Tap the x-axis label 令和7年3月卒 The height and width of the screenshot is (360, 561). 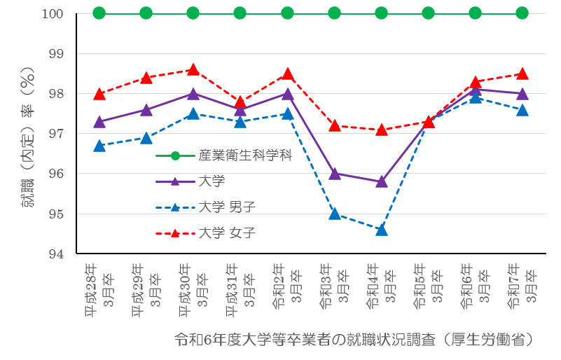coord(522,287)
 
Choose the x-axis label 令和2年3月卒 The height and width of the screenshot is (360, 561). coord(287,287)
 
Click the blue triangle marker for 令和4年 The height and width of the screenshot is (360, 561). coord(381,230)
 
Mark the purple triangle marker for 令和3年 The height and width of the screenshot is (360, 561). coord(334,174)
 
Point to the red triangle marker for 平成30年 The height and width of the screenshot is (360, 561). coord(193,70)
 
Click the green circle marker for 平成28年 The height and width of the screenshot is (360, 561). coord(99,13)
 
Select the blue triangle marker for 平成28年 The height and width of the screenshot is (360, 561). coord(99,146)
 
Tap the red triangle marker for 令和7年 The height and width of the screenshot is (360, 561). coord(522,74)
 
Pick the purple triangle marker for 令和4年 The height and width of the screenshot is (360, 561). coord(381,181)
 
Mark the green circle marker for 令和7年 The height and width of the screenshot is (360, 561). coord(522,13)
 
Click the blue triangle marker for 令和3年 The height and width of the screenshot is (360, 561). coord(334,214)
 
